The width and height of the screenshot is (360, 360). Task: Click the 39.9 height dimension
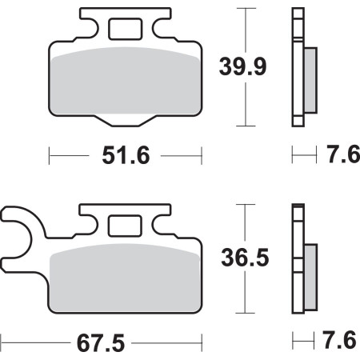pos(242,66)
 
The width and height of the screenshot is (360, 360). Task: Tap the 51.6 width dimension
pos(126,155)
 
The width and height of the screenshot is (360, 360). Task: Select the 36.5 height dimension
pos(245,258)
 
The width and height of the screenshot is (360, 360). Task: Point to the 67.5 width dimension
pos(101,343)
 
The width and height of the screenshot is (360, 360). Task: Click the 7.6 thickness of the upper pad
pos(343,154)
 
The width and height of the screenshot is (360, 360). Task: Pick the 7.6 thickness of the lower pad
pos(339,340)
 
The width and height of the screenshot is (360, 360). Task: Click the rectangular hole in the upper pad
pos(125,29)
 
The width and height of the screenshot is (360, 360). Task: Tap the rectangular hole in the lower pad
pos(125,226)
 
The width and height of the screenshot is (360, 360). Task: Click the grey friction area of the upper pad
pos(126,82)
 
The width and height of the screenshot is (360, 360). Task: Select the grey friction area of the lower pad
pos(126,278)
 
